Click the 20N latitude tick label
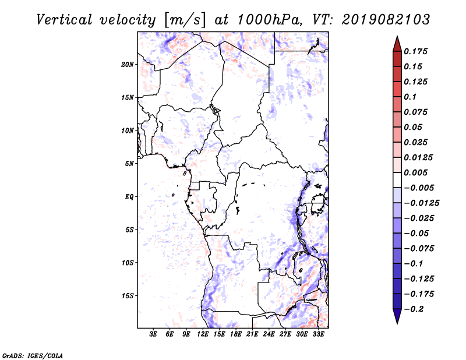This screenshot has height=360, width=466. (128, 64)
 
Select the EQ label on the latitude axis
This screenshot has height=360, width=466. (129, 196)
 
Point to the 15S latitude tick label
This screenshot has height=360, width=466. (128, 296)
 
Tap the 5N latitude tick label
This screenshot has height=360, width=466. (129, 164)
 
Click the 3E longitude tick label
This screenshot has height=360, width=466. (153, 334)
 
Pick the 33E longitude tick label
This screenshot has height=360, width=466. (318, 334)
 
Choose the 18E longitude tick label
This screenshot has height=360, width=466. (236, 334)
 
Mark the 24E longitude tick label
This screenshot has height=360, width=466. (269, 334)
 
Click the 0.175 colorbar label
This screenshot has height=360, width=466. (415, 51)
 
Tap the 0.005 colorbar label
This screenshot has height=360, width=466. (415, 172)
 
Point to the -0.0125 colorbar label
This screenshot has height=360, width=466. (421, 203)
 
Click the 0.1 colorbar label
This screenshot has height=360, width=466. (410, 97)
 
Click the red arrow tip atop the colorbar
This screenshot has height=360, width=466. (397, 36)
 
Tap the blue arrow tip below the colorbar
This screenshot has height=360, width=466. (397, 323)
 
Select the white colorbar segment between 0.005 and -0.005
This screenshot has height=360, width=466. (397, 180)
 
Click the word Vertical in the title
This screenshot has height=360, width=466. (64, 20)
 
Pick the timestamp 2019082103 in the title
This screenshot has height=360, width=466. (386, 20)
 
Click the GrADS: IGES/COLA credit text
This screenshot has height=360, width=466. (33, 355)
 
